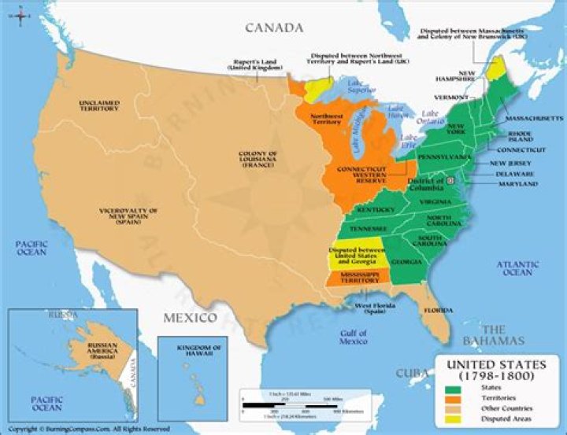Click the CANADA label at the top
coord(273,28)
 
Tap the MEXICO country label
coord(189,318)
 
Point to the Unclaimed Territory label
coord(99,105)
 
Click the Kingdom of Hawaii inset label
coord(191,350)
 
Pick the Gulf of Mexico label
coord(354,337)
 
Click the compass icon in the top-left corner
coord(11,12)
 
